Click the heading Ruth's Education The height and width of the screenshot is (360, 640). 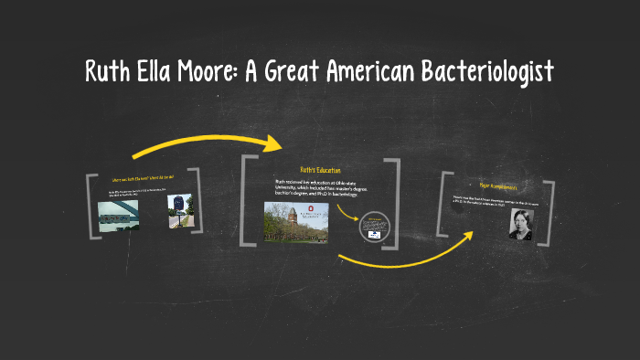pyautogui.click(x=320, y=170)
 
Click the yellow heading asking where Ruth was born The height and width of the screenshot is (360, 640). pyautogui.click(x=142, y=179)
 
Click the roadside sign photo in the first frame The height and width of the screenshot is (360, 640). pyautogui.click(x=178, y=211)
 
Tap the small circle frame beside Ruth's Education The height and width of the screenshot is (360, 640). pyautogui.click(x=374, y=226)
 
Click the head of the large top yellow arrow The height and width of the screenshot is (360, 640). pyautogui.click(x=273, y=143)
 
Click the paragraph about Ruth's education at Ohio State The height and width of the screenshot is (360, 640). pyautogui.click(x=319, y=188)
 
